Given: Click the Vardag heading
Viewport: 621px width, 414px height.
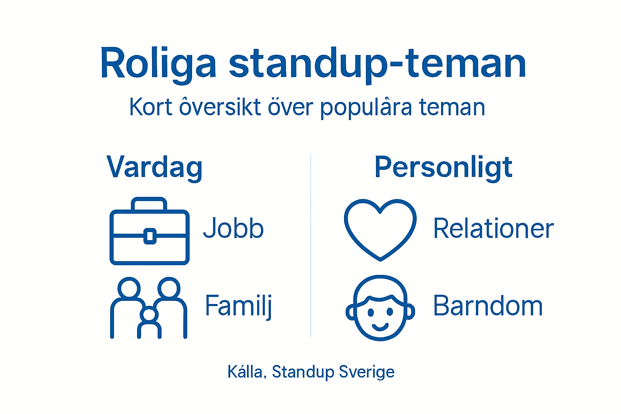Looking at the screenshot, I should click(x=154, y=167).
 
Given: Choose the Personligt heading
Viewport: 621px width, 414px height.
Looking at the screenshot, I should click(x=443, y=167).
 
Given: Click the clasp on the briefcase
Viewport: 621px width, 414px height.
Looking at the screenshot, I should click(x=150, y=236).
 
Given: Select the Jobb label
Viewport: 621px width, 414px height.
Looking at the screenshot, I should click(x=233, y=229).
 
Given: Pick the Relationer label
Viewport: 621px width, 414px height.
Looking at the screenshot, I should click(x=493, y=229).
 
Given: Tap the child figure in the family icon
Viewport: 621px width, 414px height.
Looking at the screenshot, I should click(x=150, y=321).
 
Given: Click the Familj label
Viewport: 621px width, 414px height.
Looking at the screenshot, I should click(x=238, y=306).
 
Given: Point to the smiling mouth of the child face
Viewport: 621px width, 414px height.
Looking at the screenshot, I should click(x=380, y=326).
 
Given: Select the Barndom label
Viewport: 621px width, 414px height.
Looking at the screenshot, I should click(x=488, y=306).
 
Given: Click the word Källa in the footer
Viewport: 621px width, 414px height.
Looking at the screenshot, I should click(x=245, y=372).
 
